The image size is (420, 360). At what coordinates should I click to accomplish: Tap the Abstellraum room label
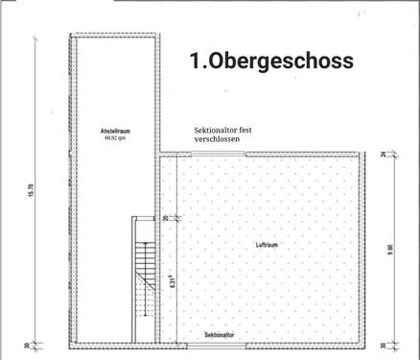pyautogui.click(x=115, y=131)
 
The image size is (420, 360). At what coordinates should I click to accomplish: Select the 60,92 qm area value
pyautogui.click(x=115, y=137)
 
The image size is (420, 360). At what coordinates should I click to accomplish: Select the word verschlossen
pyautogui.click(x=218, y=139)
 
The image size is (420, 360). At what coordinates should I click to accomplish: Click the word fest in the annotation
pyautogui.click(x=247, y=129)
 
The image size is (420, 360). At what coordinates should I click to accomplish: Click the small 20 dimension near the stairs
pyautogui.click(x=165, y=219)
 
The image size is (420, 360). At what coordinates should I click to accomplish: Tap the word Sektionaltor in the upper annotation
pyautogui.click(x=215, y=129)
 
